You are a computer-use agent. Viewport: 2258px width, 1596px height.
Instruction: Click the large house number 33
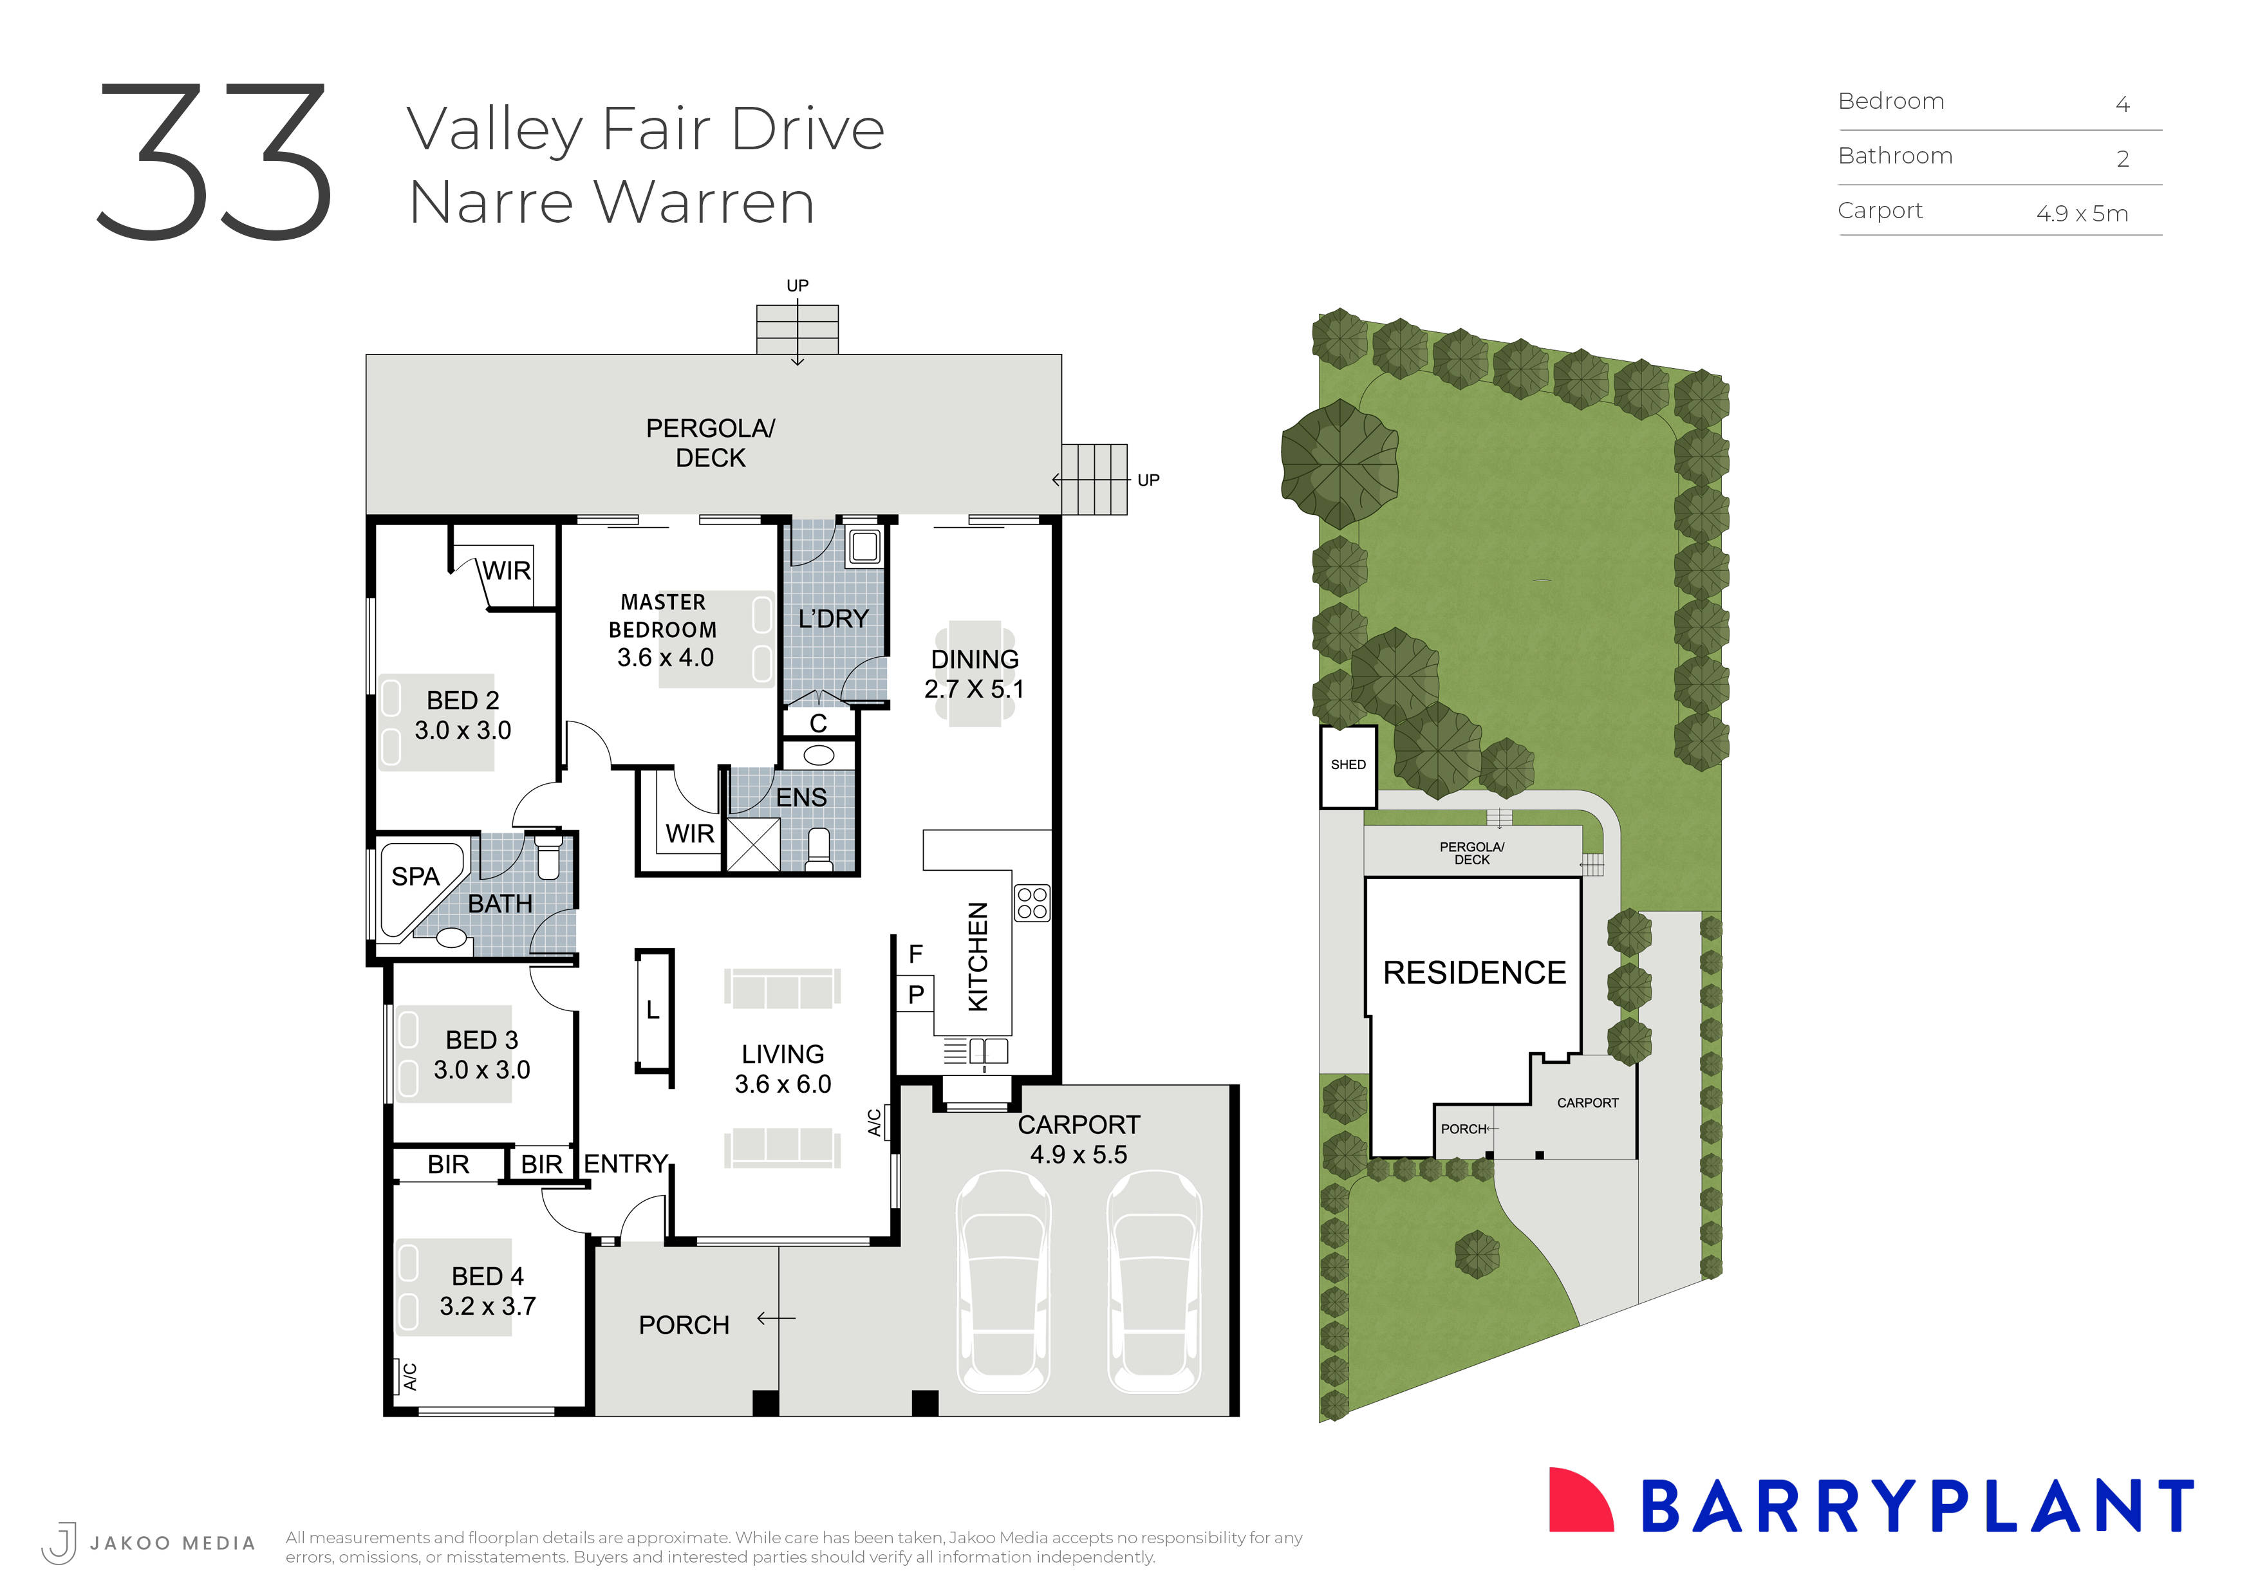click(214, 162)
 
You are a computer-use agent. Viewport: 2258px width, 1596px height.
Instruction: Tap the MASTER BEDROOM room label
click(663, 616)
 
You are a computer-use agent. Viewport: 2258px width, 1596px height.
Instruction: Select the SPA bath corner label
click(415, 876)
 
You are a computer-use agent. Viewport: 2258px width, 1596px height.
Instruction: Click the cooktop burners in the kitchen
click(1032, 904)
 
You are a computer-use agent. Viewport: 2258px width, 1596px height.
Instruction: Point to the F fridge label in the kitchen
click(915, 954)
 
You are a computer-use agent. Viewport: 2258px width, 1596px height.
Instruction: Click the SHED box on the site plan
click(1347, 766)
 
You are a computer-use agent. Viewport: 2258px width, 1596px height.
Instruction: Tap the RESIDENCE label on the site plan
click(1473, 972)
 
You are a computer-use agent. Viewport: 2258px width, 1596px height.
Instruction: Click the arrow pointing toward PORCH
click(776, 1319)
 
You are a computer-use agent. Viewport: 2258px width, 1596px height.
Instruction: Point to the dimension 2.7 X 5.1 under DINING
click(974, 689)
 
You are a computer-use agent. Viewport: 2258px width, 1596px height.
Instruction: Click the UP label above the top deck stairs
click(797, 285)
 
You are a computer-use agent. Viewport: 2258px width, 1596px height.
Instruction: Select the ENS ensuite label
click(801, 797)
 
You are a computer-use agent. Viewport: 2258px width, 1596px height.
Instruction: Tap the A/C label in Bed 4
click(409, 1377)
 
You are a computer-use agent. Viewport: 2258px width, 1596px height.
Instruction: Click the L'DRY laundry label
click(833, 618)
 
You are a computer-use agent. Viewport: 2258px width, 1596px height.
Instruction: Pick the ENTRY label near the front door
click(626, 1164)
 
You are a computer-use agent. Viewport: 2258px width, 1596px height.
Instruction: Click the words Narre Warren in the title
click(611, 203)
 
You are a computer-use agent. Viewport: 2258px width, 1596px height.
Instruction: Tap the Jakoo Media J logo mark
click(60, 1542)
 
